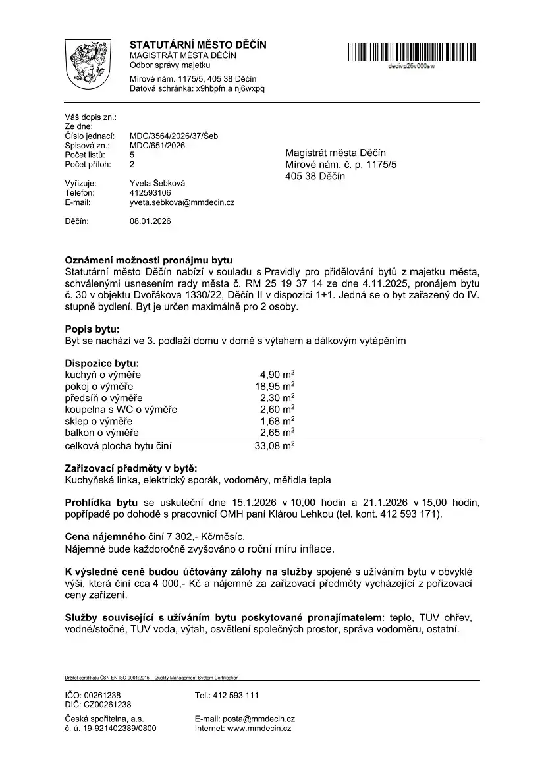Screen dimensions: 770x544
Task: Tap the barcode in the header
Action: coord(412,52)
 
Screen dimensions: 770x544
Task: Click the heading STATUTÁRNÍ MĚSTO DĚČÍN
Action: coord(198,45)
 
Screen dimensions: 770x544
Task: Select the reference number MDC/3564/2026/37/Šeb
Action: coord(174,136)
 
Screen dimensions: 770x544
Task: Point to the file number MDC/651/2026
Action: coord(157,146)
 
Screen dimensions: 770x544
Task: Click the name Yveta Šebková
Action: coord(157,183)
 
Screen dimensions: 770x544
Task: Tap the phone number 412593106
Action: coord(150,193)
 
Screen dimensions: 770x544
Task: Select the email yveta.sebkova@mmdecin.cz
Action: coord(182,202)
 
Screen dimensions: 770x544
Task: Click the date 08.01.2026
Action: coord(150,221)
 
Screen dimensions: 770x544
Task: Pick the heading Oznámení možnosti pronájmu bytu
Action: coord(149,260)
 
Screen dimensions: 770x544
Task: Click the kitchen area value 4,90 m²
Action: coord(277,375)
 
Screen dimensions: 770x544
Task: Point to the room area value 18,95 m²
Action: coord(275,386)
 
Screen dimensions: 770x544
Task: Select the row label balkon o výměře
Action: coord(102,433)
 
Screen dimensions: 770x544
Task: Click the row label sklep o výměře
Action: coord(99,421)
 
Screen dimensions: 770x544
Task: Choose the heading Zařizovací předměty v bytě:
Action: coord(131,468)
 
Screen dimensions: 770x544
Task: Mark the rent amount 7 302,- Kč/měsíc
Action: coord(200,537)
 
